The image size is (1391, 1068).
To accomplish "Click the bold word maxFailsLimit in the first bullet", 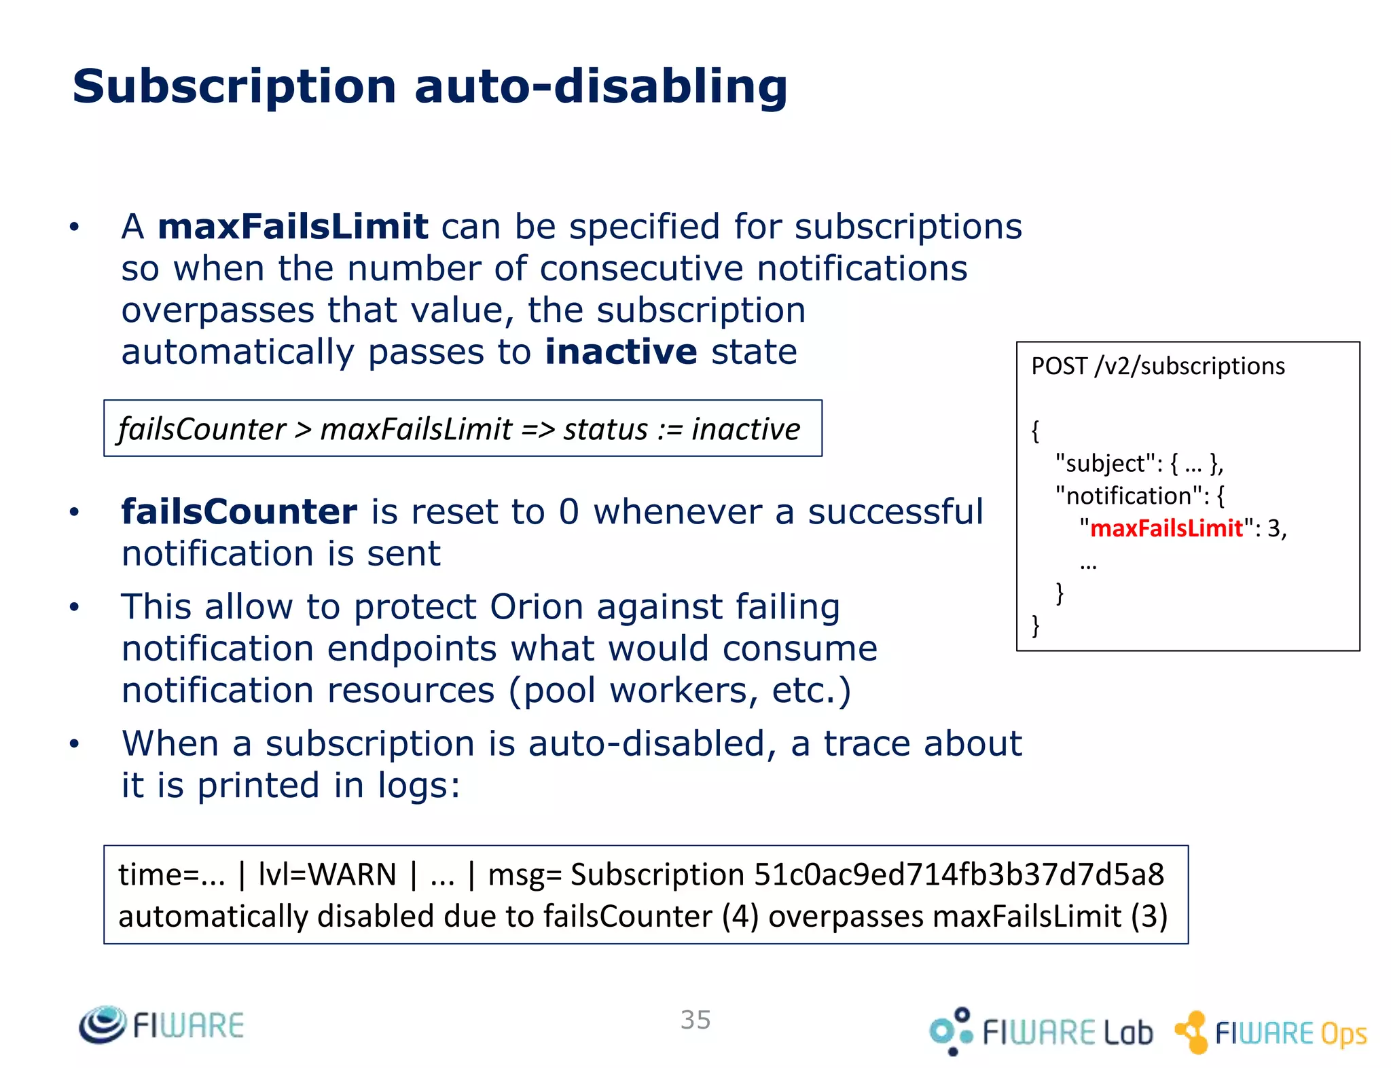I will (x=293, y=227).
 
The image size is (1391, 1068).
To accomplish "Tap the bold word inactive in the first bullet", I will (x=621, y=352).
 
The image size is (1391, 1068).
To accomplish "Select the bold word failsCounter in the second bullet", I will (x=239, y=512).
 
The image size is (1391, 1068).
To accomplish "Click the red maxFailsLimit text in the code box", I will (x=1166, y=528).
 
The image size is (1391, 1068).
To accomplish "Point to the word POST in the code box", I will (x=1059, y=367).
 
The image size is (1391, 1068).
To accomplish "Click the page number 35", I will (x=695, y=1020).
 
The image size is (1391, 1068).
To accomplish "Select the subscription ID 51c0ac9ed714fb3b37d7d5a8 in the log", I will (x=959, y=874).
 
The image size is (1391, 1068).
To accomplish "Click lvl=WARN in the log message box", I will (x=327, y=874).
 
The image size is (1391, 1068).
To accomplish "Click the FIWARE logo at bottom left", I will (x=162, y=1025).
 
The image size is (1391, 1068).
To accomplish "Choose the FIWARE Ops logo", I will (x=1271, y=1033).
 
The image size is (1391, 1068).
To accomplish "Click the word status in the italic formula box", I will (x=605, y=429).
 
